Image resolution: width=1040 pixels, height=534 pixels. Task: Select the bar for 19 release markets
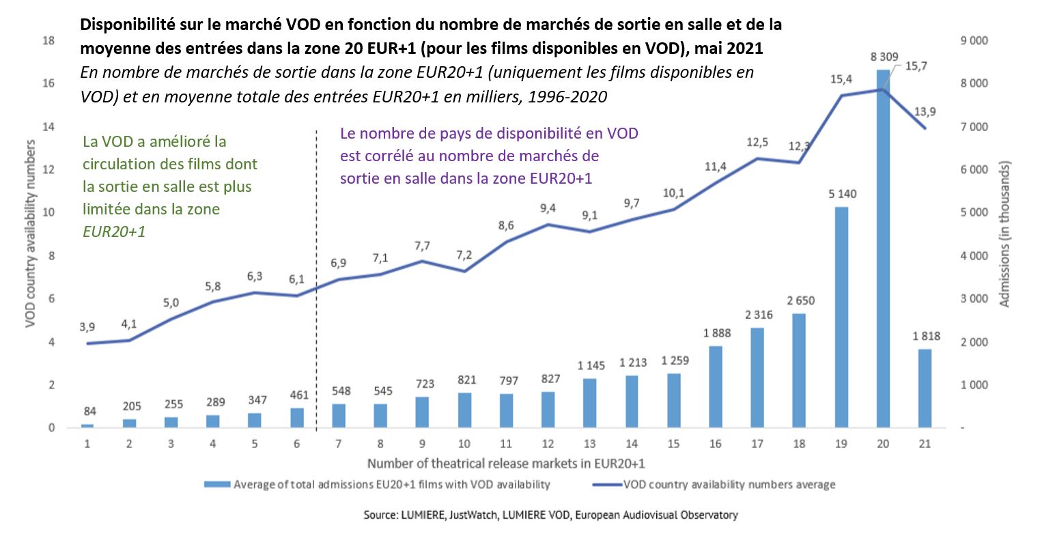tap(841, 318)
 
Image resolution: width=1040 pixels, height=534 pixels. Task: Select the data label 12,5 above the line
tap(757, 143)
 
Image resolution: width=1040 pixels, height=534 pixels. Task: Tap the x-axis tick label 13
tap(591, 443)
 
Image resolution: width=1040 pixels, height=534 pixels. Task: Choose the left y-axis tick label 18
tap(48, 41)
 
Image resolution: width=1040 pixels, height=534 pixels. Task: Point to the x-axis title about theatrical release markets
tap(506, 464)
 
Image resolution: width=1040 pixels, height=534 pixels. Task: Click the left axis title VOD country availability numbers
tap(31, 234)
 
